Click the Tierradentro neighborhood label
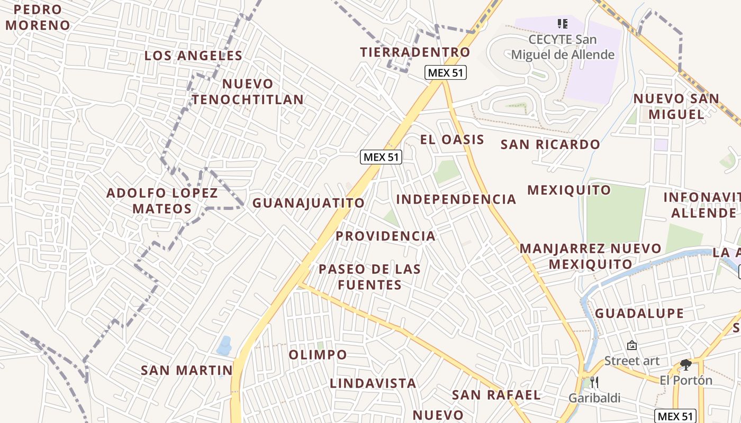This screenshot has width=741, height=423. pos(415,52)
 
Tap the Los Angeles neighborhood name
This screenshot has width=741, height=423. pos(193,56)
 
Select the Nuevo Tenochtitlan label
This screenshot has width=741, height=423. pos(248,91)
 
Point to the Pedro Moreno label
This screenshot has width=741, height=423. pos(38,17)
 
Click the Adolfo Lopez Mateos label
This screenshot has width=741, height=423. pos(162,200)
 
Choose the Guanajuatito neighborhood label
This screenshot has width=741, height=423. pos(309,203)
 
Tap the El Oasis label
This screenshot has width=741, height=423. pos(452,140)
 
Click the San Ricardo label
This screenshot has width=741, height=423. pos(550,144)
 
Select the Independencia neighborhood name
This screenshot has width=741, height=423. pos(456,199)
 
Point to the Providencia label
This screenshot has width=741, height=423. pos(385,236)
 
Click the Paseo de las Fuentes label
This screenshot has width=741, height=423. pos(369,277)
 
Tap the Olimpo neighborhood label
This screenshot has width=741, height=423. pos(318,354)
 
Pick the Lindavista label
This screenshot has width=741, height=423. pos(373,383)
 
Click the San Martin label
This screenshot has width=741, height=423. pos(186,371)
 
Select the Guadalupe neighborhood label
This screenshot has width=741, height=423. pos(639,314)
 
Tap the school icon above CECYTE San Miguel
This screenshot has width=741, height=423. pos(563,24)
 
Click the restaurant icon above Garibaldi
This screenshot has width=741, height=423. pos(594,382)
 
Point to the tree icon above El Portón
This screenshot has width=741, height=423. pos(686,364)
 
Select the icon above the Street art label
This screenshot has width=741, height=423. pos(631,345)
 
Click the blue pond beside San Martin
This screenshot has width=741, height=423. pos(224,345)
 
